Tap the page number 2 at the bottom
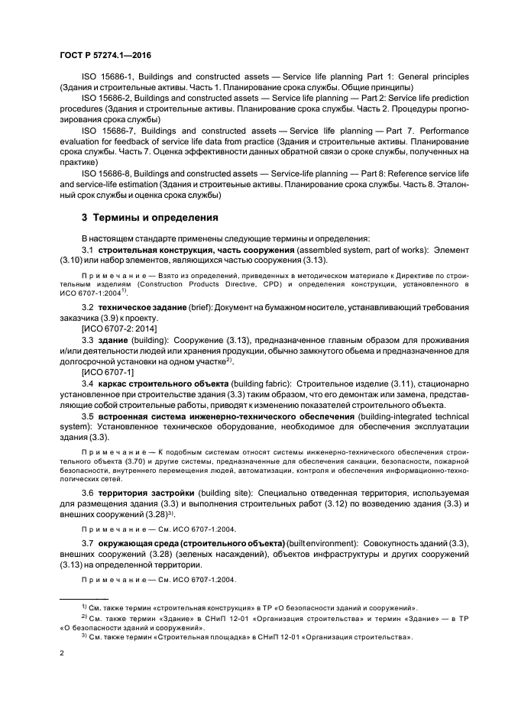(x=62, y=654)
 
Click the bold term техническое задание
(x=147, y=308)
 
